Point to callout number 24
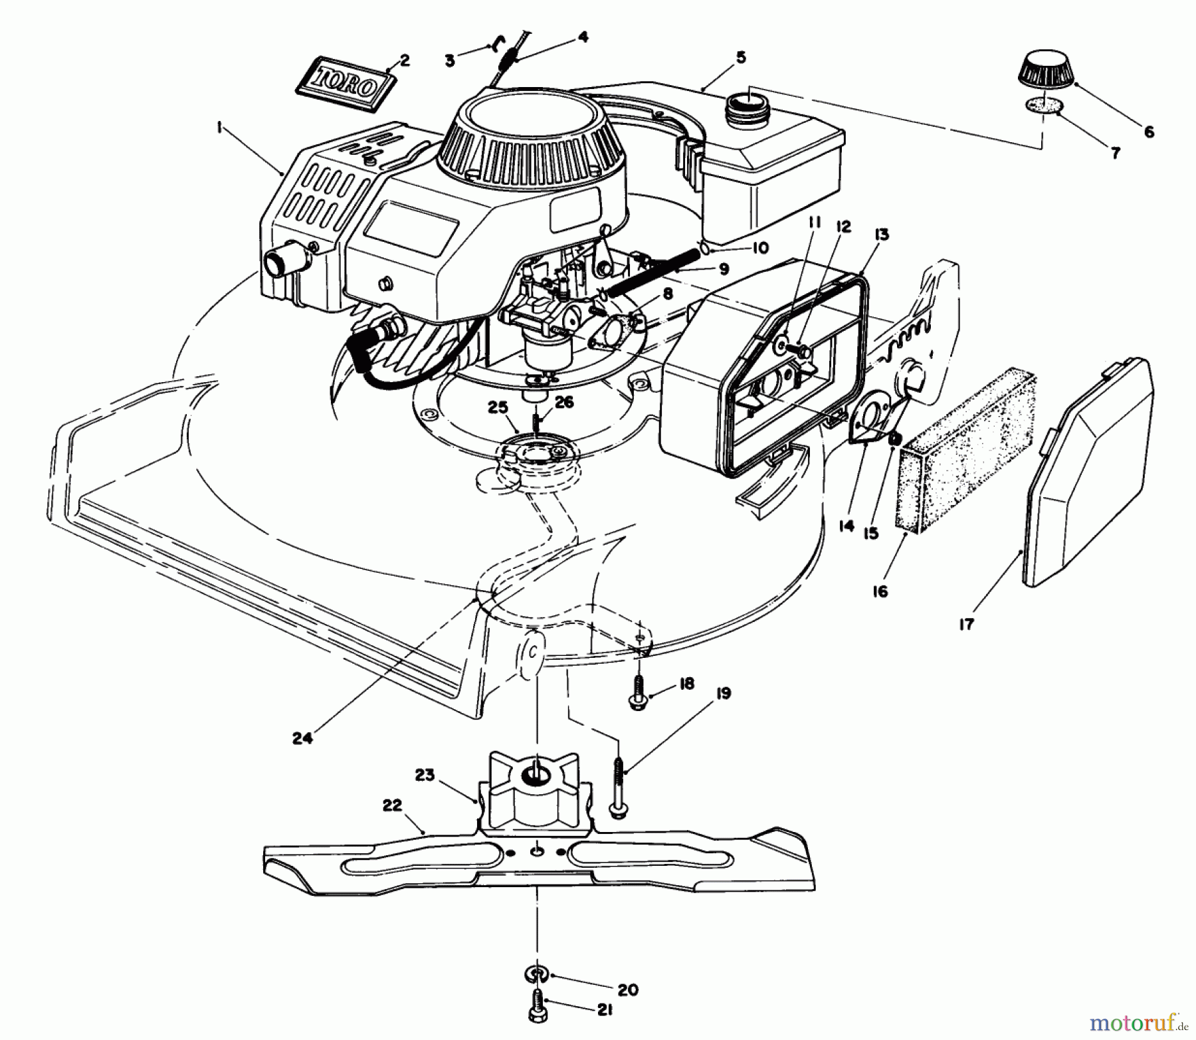(x=302, y=738)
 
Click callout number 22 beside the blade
(x=392, y=805)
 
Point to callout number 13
(x=882, y=235)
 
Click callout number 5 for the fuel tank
(x=741, y=58)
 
